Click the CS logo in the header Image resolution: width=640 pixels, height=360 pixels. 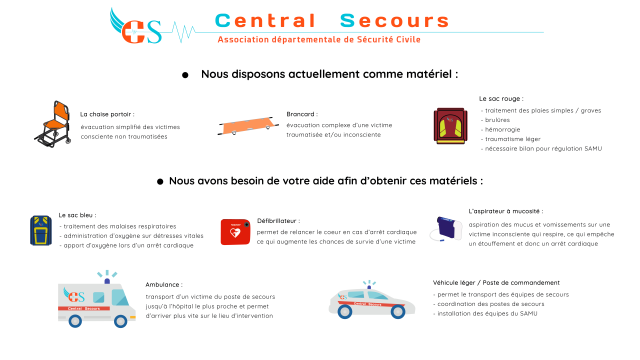click(x=138, y=29)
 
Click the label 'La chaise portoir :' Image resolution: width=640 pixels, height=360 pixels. click(x=106, y=114)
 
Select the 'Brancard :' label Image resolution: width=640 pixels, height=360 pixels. click(x=301, y=114)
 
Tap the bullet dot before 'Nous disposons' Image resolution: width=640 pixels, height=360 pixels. click(x=186, y=75)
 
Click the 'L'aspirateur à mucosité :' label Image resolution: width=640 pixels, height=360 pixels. click(x=506, y=212)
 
